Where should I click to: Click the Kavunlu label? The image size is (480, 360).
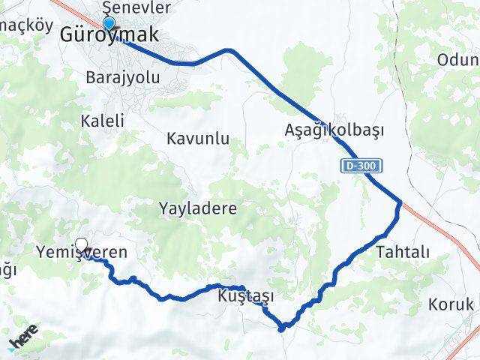198,139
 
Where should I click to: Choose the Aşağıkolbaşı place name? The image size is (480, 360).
334,130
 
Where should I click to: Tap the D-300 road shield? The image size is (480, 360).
361,165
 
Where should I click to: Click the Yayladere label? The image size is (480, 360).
198,208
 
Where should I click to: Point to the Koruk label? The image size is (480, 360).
450,304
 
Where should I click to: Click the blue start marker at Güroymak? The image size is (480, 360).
109,23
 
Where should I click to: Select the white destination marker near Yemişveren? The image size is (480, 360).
82,244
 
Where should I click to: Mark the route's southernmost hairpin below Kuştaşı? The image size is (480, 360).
282,327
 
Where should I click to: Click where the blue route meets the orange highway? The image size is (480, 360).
401,202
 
